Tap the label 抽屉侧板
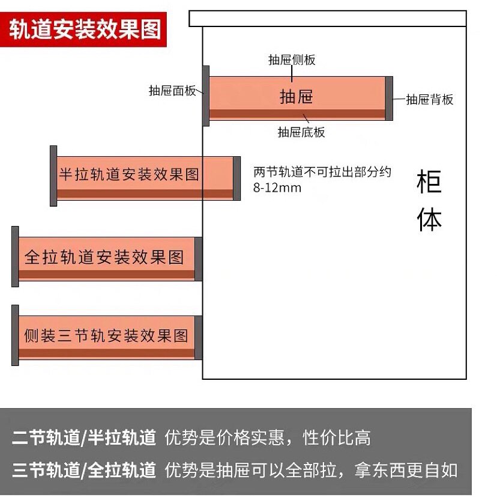point(292,60)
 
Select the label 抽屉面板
point(172,91)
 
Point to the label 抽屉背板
point(429,100)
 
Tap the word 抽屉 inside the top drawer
point(297,97)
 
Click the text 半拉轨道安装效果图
point(129,175)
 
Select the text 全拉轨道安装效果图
point(104,257)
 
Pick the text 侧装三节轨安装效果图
point(106,335)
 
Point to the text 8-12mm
point(277,188)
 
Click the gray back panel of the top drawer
point(389,99)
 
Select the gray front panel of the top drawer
point(206,96)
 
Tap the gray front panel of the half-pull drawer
point(53,175)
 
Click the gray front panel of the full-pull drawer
point(15,257)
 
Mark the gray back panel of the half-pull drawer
point(236,178)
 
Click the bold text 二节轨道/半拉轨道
point(84,438)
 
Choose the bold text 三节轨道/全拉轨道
point(84,469)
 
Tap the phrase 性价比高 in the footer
point(337,438)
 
